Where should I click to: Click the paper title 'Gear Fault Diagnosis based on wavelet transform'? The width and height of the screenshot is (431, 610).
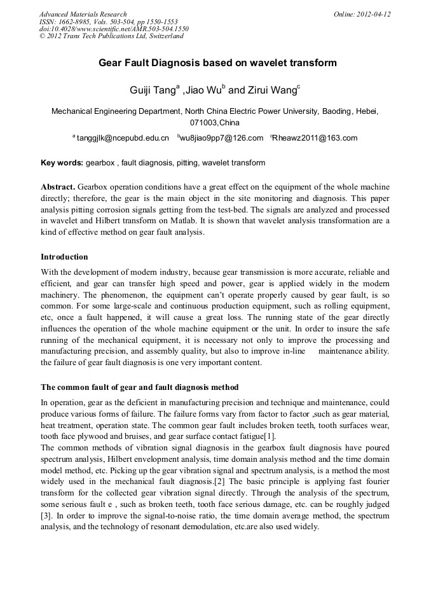pyautogui.click(x=217, y=63)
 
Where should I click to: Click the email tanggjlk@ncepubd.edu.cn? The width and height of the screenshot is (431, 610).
pyautogui.click(x=123, y=138)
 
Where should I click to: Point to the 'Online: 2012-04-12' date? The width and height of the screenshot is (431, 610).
pyautogui.click(x=362, y=14)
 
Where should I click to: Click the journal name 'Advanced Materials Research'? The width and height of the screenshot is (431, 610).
pyautogui.click(x=83, y=14)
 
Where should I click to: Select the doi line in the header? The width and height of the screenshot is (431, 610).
pyautogui.click(x=114, y=29)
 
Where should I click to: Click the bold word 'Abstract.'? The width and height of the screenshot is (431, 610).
pyautogui.click(x=58, y=187)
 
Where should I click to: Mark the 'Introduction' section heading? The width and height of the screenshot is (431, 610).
pyautogui.click(x=64, y=257)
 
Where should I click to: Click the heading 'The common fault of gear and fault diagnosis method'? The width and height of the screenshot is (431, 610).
pyautogui.click(x=139, y=387)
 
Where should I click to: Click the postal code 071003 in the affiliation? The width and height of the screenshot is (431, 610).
pyautogui.click(x=204, y=122)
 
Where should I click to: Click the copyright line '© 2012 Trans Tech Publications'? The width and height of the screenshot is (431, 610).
pyautogui.click(x=111, y=36)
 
